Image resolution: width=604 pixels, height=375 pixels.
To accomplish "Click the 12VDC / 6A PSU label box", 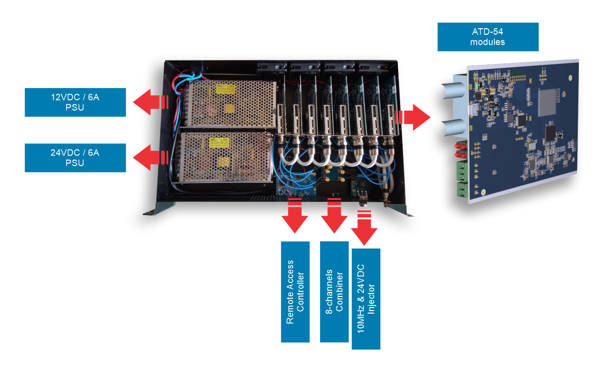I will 75,102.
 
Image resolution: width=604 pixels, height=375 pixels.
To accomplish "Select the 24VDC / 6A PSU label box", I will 75,158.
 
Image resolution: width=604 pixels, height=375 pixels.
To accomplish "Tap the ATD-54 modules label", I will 488,37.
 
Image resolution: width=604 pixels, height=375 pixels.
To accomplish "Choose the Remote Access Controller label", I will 295,292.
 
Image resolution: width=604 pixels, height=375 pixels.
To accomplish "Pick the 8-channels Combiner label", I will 334,292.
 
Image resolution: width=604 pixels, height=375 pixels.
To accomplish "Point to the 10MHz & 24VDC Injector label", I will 365,298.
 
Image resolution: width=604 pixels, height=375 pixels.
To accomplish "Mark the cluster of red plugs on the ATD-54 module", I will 460,150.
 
